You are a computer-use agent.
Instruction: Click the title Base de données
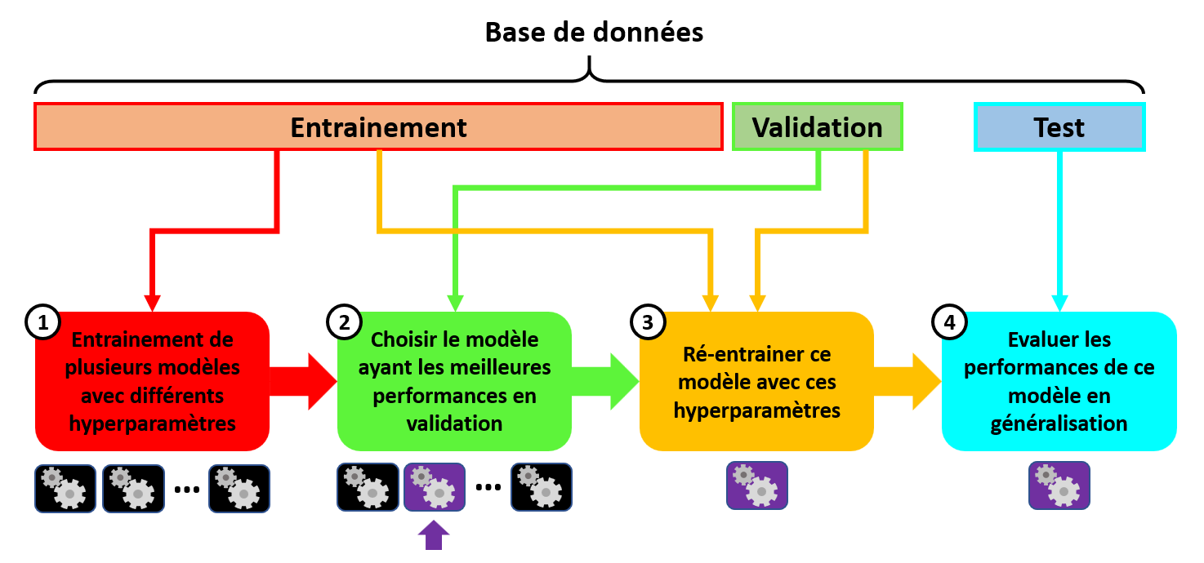tap(594, 33)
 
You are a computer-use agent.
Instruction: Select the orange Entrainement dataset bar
tap(378, 127)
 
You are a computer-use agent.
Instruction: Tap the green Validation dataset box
tap(817, 127)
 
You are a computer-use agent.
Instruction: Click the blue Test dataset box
tap(1059, 127)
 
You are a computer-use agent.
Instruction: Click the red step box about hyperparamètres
tap(153, 382)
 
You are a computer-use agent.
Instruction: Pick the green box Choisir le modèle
tap(454, 382)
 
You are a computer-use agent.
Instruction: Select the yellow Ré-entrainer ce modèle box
tap(756, 382)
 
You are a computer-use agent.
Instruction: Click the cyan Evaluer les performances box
tap(1059, 382)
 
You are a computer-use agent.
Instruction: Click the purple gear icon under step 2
tap(434, 487)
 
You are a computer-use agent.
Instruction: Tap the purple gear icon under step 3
tap(756, 485)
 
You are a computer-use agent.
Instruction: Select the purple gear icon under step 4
tap(1059, 485)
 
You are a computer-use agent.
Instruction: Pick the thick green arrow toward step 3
tap(605, 381)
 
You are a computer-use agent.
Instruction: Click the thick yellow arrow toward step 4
tap(907, 381)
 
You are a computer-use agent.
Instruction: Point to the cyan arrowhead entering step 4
tap(1059, 302)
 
